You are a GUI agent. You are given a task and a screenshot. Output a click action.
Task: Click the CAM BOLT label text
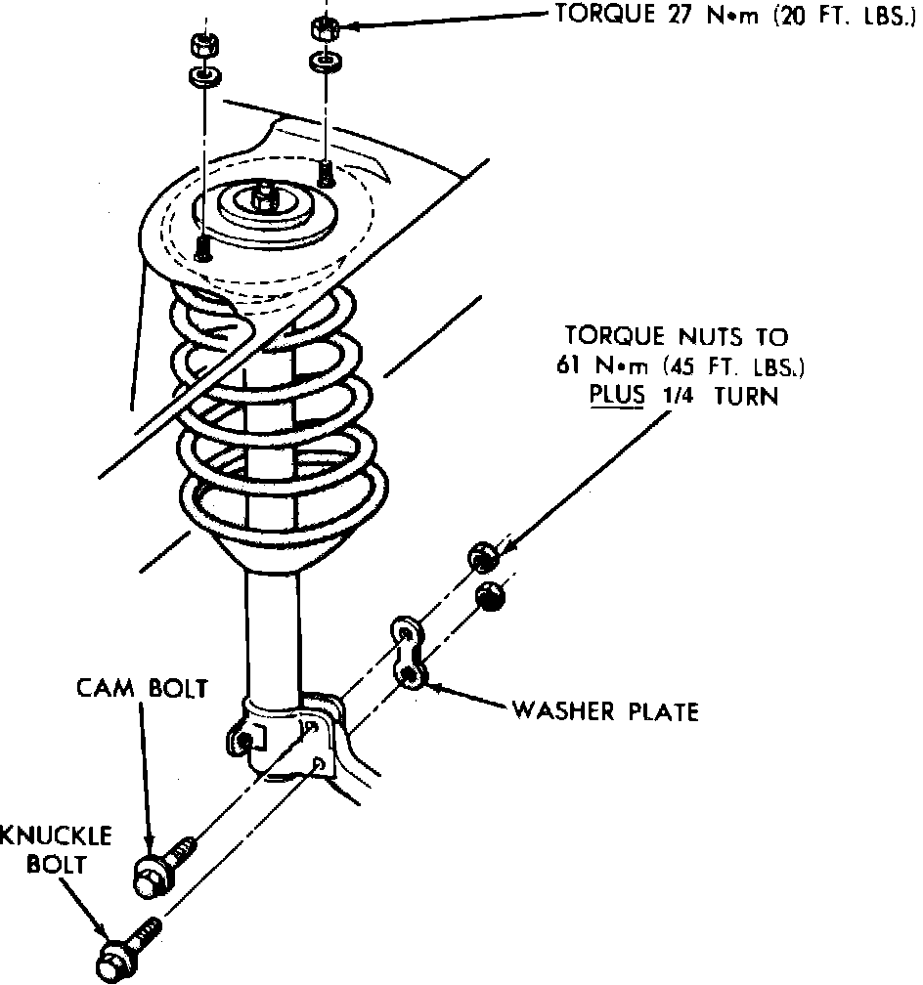[142, 688]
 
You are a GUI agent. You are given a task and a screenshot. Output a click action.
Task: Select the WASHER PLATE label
[605, 711]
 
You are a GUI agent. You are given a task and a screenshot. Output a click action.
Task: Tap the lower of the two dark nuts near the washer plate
[489, 595]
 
